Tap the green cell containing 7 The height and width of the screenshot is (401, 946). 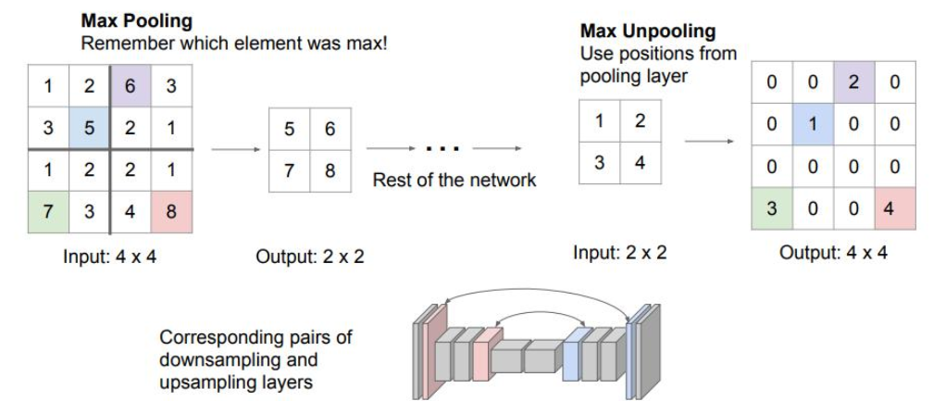48,212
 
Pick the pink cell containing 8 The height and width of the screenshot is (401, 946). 171,212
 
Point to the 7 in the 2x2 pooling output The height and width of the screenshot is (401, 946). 289,171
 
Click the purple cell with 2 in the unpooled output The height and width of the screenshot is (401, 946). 853,81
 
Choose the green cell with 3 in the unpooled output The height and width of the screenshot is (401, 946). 771,208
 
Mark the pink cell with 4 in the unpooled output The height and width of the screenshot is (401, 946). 893,208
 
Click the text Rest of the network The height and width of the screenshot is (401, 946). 454,180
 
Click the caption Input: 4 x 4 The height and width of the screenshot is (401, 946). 111,256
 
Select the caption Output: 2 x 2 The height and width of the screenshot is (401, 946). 310,257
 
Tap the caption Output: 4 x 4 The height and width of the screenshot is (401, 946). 833,252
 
